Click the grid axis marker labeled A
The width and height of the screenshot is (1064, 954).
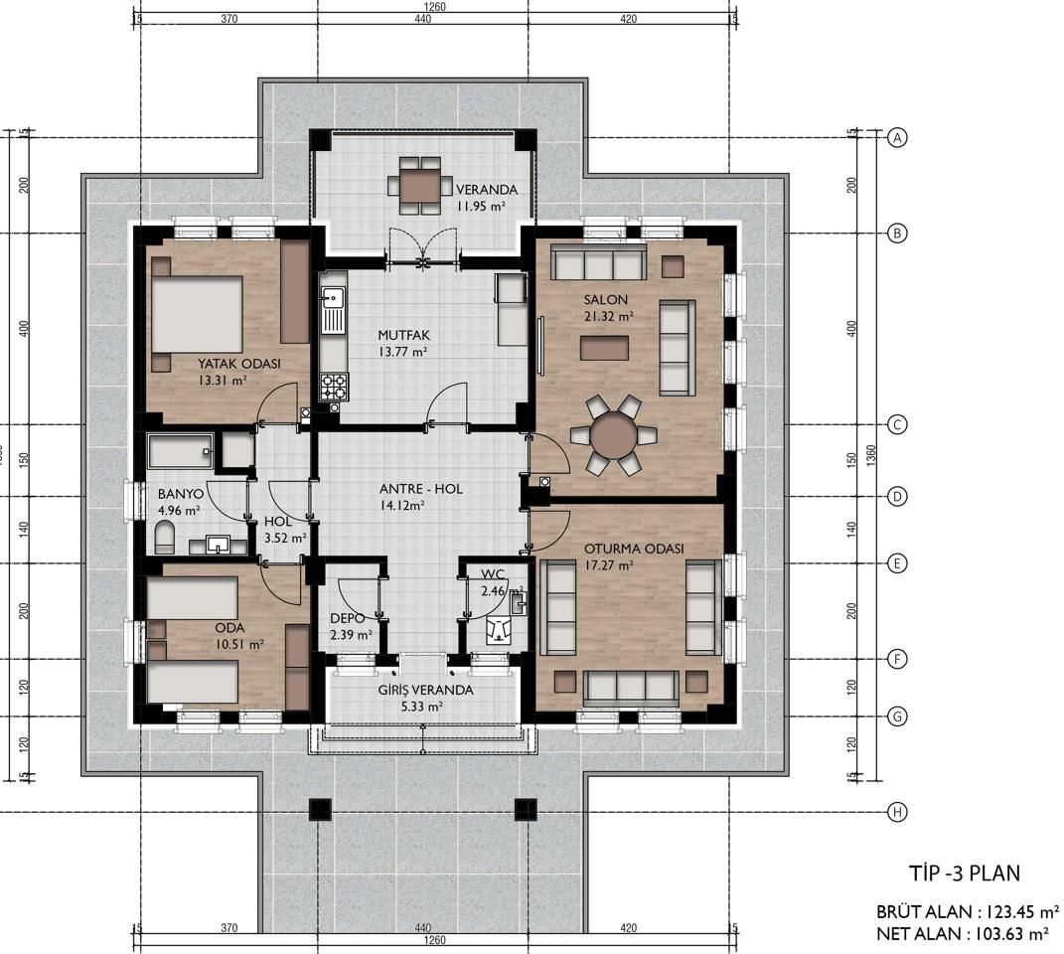click(x=897, y=137)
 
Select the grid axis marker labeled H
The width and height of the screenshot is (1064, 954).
click(x=897, y=812)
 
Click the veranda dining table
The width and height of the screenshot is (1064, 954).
click(x=419, y=186)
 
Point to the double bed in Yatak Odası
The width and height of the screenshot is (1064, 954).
click(x=196, y=314)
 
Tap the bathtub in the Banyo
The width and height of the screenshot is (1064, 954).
click(x=181, y=451)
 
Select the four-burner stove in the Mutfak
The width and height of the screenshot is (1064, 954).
click(x=334, y=387)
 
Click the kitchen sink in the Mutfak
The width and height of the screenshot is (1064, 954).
click(x=333, y=310)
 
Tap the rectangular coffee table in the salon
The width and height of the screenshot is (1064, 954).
click(x=604, y=349)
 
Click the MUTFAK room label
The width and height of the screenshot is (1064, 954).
click(x=403, y=336)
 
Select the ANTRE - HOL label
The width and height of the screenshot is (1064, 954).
click(x=420, y=489)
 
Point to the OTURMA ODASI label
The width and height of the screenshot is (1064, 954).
click(x=634, y=549)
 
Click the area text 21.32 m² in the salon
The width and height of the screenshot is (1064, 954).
click(x=609, y=316)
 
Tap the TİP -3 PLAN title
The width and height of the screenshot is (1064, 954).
click(x=965, y=874)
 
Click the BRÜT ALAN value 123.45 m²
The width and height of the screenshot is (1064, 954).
click(x=1017, y=911)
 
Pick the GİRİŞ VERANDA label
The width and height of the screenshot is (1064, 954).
click(x=425, y=690)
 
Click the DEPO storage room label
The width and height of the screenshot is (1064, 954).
click(x=348, y=618)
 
